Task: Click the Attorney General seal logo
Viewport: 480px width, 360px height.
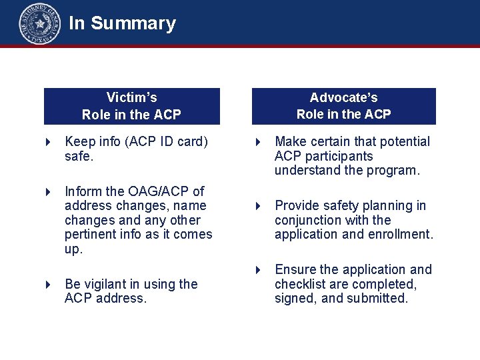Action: (x=39, y=23)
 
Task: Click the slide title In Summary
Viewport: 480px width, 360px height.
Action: (x=122, y=23)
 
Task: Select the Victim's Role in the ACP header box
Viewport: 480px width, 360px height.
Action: (x=131, y=106)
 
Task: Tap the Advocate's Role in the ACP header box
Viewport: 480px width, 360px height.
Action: (x=343, y=106)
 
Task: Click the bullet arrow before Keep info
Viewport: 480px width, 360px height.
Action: (x=48, y=142)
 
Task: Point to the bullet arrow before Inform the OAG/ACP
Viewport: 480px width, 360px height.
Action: (x=48, y=192)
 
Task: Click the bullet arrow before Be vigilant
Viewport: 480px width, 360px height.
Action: (x=48, y=285)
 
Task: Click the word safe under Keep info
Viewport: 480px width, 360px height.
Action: (x=77, y=157)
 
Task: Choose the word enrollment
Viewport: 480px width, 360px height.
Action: (x=403, y=235)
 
